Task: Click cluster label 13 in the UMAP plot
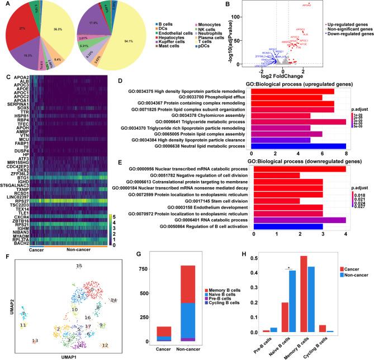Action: point(35,340)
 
